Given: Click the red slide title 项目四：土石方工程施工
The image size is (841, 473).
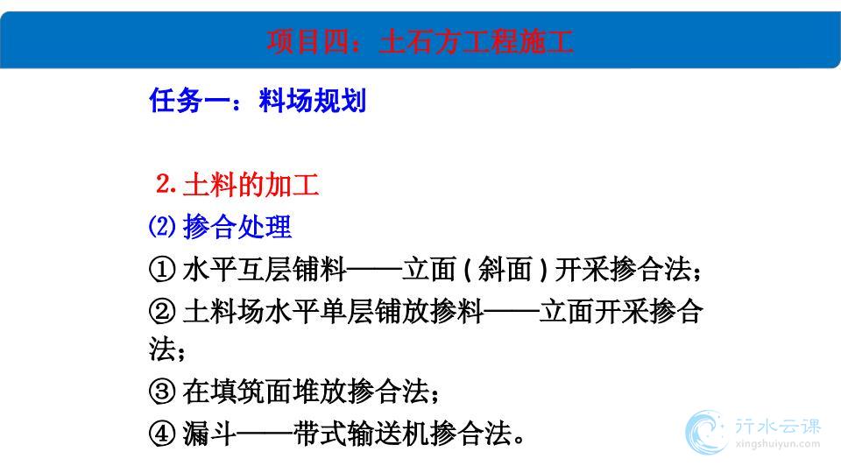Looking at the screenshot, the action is [420, 41].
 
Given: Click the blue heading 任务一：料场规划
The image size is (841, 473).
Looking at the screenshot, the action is [258, 100].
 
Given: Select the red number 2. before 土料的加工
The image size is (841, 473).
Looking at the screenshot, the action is [166, 184].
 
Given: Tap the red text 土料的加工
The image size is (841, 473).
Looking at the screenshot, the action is [251, 185].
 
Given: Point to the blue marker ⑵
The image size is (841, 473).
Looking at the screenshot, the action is [162, 226].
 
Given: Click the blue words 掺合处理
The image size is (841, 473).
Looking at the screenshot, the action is [237, 226].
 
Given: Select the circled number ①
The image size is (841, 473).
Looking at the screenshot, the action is [162, 269].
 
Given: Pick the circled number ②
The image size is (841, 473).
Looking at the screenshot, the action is [162, 311].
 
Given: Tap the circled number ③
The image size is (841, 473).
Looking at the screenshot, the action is [162, 392].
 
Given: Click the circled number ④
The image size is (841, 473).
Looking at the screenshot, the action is [162, 434].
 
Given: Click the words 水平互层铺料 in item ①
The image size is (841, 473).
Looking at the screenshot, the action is [265, 269].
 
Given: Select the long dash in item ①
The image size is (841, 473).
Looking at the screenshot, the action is [374, 270].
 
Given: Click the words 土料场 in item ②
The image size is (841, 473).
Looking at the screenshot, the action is [223, 311].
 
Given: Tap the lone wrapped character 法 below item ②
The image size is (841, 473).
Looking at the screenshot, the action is [162, 349].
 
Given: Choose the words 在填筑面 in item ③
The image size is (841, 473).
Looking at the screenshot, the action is [237, 392].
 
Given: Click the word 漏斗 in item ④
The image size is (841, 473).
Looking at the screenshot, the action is [209, 434].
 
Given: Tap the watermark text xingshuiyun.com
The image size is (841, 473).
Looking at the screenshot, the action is [778, 444].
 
